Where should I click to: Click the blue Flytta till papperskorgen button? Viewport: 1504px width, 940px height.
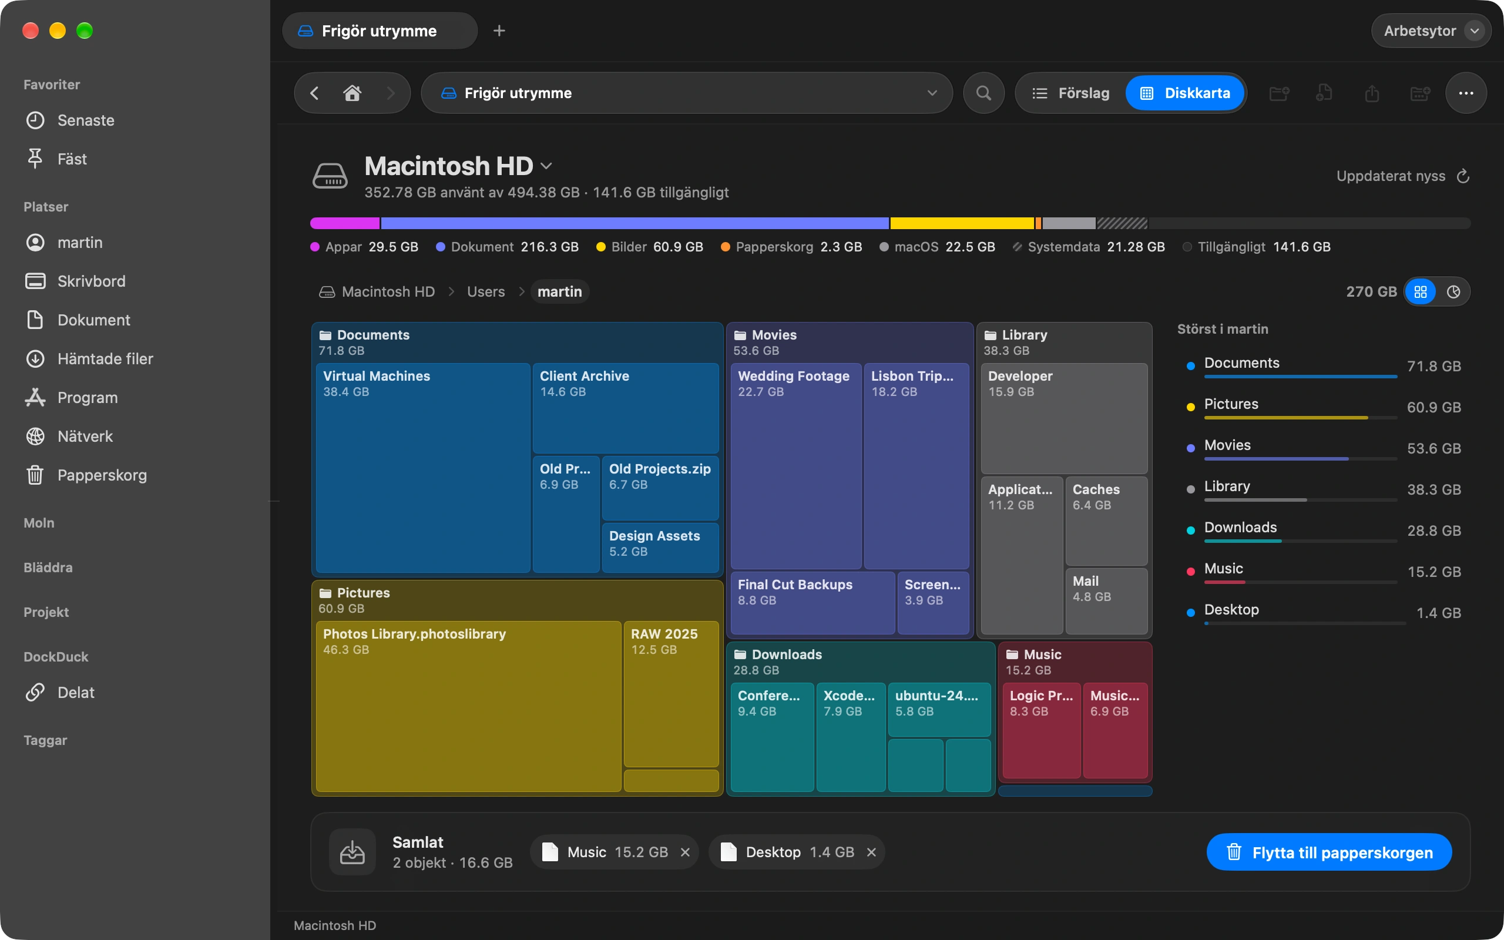point(1329,852)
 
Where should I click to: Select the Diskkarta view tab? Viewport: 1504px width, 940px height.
point(1185,93)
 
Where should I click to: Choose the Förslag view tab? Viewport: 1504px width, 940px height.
point(1071,93)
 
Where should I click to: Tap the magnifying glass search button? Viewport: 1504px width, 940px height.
point(984,93)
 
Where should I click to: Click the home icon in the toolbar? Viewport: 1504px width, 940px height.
point(352,93)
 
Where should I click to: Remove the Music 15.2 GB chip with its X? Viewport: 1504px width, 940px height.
point(685,852)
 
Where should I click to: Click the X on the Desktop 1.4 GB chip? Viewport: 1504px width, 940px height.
point(871,852)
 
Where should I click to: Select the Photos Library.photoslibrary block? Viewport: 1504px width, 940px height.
point(469,706)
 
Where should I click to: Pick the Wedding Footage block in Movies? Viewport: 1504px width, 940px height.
point(796,466)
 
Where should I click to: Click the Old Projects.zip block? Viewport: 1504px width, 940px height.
point(660,488)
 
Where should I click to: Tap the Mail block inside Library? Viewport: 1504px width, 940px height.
point(1106,600)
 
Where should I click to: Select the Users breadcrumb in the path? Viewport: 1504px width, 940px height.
point(486,291)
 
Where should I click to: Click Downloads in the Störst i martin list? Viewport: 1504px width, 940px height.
point(1240,527)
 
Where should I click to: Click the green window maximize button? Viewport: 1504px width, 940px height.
point(85,31)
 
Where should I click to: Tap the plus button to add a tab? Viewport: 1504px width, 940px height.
point(499,31)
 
